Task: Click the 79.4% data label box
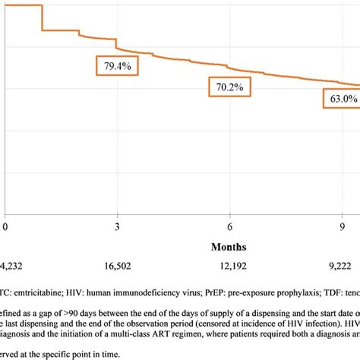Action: click(117, 67)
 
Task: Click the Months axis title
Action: click(230, 248)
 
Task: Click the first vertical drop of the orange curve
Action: click(42, 18)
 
